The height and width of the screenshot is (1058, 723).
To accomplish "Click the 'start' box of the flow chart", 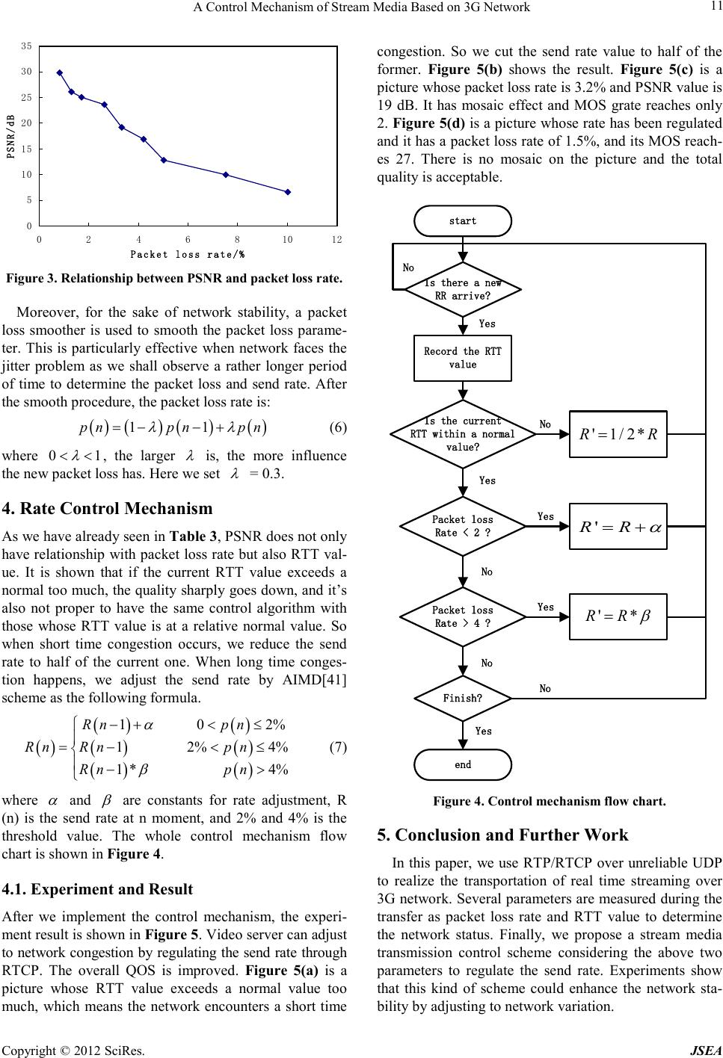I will click(x=463, y=220).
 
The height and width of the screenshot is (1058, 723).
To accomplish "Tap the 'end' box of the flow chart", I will click(x=463, y=764).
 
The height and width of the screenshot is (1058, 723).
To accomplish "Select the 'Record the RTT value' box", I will click(x=463, y=358).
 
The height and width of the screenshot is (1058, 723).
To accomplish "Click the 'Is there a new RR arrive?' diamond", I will click(x=463, y=289).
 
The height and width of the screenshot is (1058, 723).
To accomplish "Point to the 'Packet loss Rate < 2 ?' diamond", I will click(x=463, y=526).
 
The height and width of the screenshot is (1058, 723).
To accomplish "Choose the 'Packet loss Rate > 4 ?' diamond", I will click(x=463, y=616).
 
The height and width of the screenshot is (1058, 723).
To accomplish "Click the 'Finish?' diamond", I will click(x=463, y=699).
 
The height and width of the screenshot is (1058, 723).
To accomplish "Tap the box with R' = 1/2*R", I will click(x=618, y=434).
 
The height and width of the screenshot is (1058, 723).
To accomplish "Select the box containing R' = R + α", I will click(x=618, y=526).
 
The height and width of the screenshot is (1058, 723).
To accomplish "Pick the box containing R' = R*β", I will click(x=618, y=616).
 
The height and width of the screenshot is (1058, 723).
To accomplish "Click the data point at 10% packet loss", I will click(x=288, y=192).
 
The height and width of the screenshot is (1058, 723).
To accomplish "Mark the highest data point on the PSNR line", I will click(x=60, y=72).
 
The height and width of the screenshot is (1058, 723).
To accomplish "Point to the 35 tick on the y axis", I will click(x=27, y=46).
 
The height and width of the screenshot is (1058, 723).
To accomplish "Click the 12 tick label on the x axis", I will click(x=336, y=240).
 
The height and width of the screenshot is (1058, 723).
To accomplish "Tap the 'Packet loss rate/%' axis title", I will click(x=188, y=254).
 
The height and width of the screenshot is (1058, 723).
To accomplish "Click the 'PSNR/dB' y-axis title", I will click(x=10, y=137).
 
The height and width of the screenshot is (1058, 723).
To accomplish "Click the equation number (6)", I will click(x=338, y=429).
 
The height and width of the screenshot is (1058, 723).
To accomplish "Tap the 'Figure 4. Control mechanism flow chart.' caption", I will click(x=549, y=802).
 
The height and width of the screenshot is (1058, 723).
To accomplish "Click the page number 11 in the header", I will click(x=714, y=7).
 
